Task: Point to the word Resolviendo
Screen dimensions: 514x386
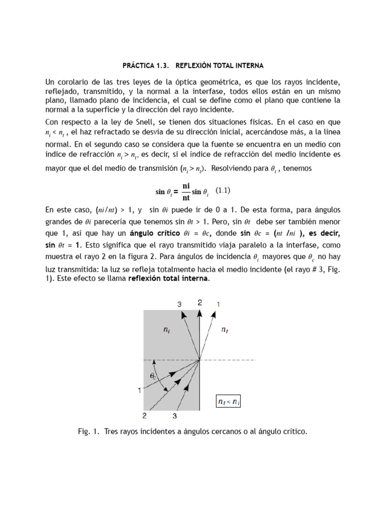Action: pos(233,168)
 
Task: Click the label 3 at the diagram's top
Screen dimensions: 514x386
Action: pos(179,304)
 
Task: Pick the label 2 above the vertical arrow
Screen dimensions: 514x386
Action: pos(200,303)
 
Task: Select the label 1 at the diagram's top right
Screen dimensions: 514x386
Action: pos(218,304)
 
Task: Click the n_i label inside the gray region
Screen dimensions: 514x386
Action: pos(166,330)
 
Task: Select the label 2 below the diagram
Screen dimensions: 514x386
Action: pos(145,416)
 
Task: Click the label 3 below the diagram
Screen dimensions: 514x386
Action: pos(174,416)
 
